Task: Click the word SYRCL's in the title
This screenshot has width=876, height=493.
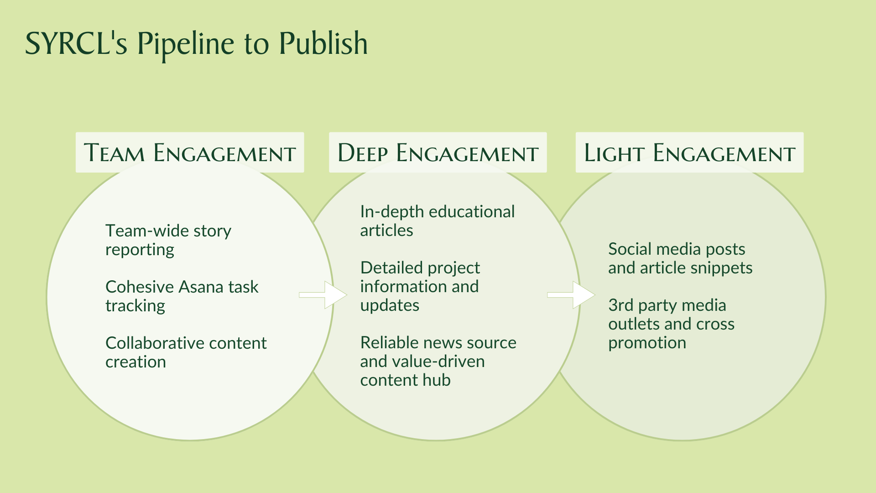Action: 76,44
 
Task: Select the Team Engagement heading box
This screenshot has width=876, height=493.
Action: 190,152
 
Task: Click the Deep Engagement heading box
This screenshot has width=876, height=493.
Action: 438,152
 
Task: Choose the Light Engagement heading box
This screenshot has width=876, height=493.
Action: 689,152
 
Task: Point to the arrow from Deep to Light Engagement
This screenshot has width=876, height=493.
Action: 571,295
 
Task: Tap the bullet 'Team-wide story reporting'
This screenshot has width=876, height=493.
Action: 168,240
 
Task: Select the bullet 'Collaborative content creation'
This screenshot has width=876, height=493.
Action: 186,352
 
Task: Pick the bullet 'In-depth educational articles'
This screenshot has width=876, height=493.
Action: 437,221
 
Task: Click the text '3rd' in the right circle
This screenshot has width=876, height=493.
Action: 620,305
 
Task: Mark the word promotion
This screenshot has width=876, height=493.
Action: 647,343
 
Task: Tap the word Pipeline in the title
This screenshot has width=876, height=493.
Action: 186,45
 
